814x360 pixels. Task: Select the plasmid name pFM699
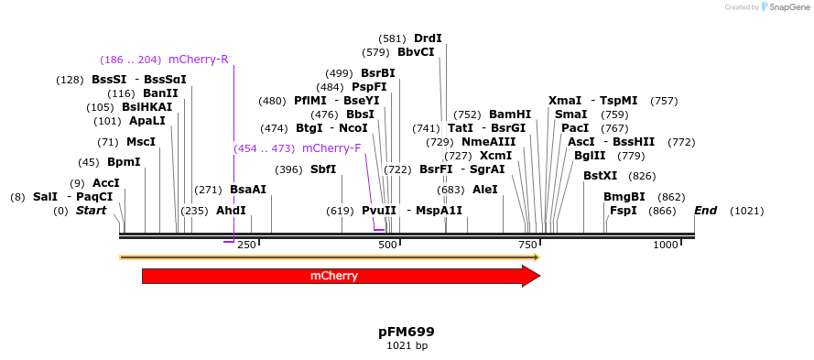coord(407,331)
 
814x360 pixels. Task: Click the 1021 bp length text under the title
coord(407,345)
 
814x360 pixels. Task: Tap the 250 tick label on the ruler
coord(246,245)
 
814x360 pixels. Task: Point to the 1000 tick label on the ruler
coord(666,245)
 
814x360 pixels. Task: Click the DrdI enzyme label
coord(428,38)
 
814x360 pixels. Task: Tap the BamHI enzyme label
coord(510,115)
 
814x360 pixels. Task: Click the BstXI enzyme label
coord(601,176)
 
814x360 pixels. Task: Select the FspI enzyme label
coord(623,211)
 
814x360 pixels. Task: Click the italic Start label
coord(91,211)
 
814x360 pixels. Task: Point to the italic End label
coord(705,211)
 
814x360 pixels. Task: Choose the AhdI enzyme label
coord(231,211)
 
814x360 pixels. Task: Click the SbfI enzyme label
coord(323,169)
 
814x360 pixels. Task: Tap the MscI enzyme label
coord(141,142)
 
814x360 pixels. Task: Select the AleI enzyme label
coord(485,190)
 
